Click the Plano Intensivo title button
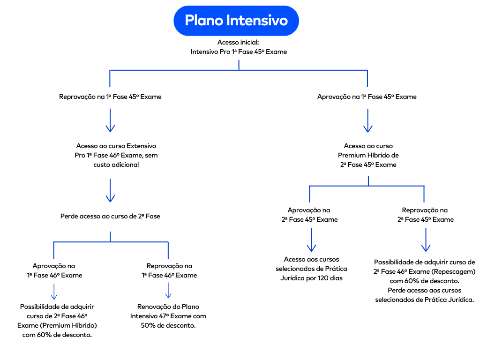[236, 21]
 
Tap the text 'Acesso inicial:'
[238, 43]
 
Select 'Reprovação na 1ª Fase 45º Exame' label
[110, 97]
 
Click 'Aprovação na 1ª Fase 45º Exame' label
[367, 97]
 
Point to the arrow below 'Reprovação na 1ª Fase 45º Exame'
[110, 120]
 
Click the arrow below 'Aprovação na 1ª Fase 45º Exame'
[368, 120]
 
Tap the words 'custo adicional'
[116, 165]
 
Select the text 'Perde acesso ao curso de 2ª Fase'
[110, 217]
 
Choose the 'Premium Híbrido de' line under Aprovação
[368, 155]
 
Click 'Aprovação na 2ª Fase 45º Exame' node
[309, 215]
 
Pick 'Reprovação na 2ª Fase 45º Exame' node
[425, 215]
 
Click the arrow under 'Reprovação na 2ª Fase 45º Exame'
[426, 240]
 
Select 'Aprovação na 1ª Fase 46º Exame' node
[54, 270]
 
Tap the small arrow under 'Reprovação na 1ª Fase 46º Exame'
[168, 291]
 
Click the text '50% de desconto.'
[168, 325]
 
